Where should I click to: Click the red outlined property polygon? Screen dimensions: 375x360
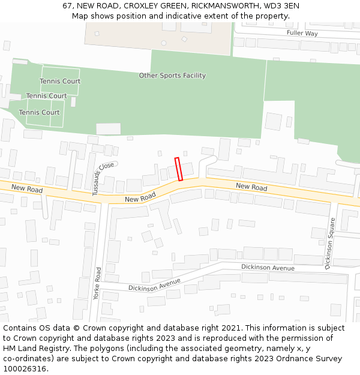point(178,169)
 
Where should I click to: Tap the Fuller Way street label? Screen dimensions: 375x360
point(302,34)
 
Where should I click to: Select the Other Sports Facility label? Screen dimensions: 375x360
point(172,76)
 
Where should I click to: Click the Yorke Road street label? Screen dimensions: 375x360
point(98,284)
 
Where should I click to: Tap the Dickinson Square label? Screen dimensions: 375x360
point(330,244)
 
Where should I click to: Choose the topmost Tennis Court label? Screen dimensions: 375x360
point(60,82)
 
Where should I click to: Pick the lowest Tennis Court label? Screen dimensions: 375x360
point(39,113)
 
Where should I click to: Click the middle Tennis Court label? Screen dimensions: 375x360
point(46,96)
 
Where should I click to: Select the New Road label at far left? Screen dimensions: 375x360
point(27,189)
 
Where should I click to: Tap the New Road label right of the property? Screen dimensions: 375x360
point(251,187)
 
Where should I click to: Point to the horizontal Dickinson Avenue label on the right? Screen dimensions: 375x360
point(268,267)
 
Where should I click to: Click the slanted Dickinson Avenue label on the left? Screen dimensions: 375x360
point(154,285)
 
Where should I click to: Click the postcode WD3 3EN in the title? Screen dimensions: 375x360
point(281,5)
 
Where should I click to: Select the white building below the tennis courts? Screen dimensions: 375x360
point(109,129)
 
